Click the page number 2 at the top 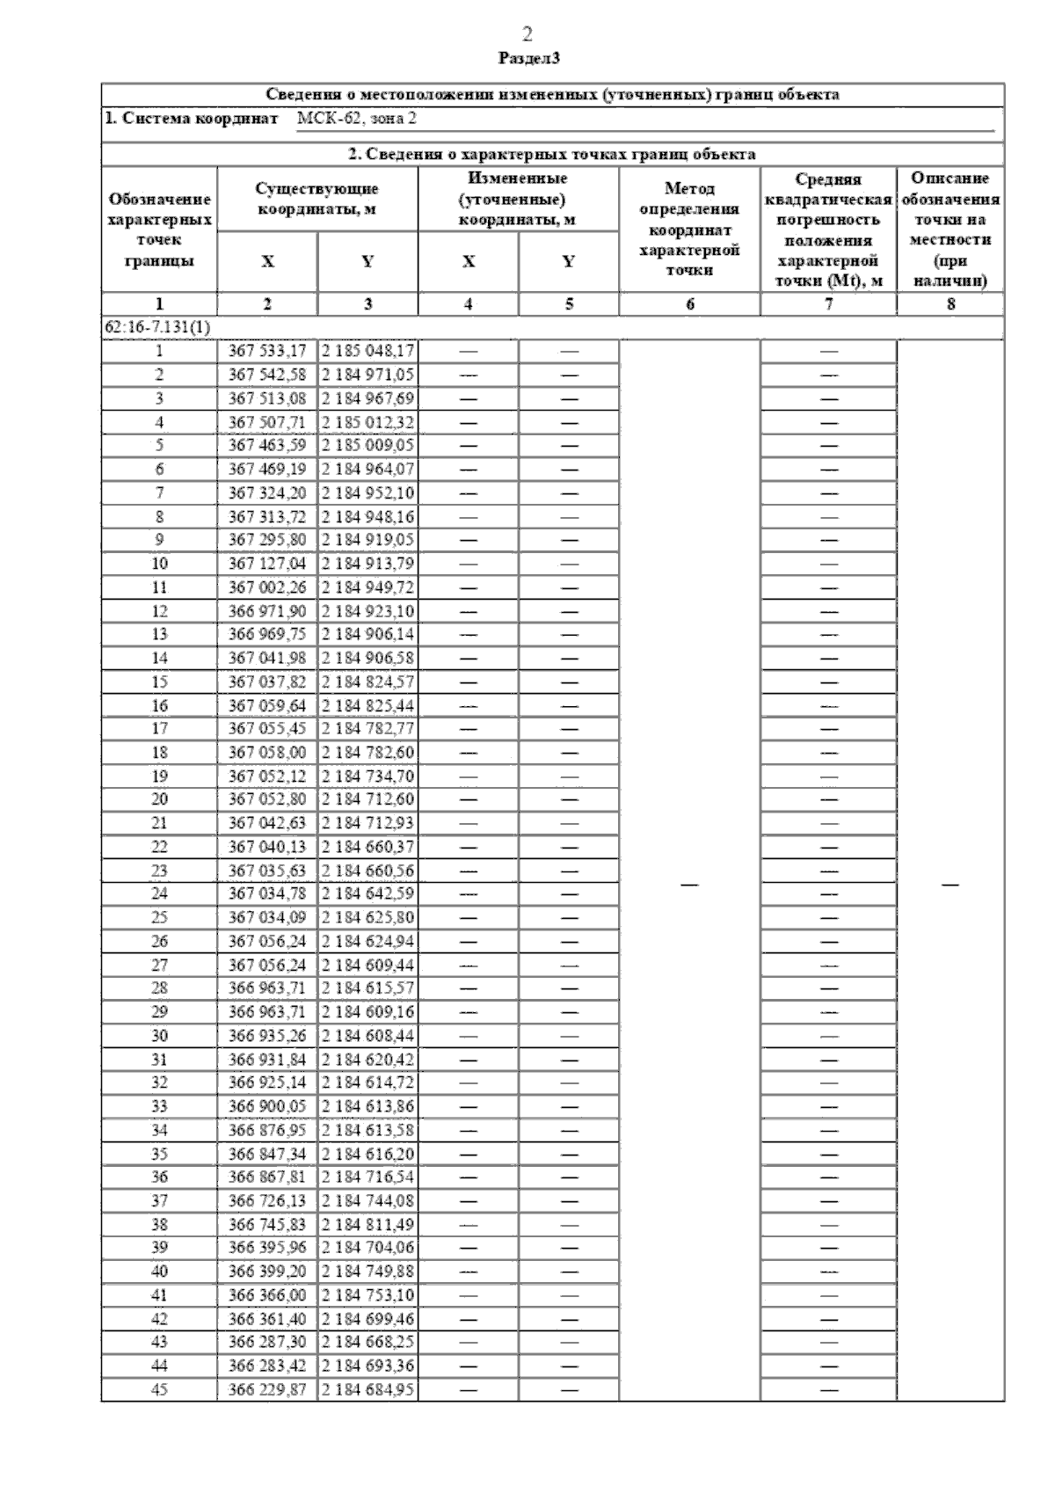point(527,35)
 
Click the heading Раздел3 point(528,59)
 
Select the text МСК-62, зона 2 point(357,119)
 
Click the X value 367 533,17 point(267,351)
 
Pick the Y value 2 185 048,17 point(367,351)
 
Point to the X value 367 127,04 point(267,563)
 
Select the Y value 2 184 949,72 point(367,587)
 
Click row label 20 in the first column point(159,799)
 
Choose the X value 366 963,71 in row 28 point(267,988)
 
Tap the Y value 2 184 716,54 point(367,1177)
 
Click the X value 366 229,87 point(267,1390)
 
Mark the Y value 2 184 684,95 point(367,1390)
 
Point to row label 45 point(159,1390)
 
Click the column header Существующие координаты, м point(317,200)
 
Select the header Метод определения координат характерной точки point(689,229)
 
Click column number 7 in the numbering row point(828,304)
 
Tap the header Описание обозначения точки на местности point(950,229)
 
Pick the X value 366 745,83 point(267,1224)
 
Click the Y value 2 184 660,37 point(367,847)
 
